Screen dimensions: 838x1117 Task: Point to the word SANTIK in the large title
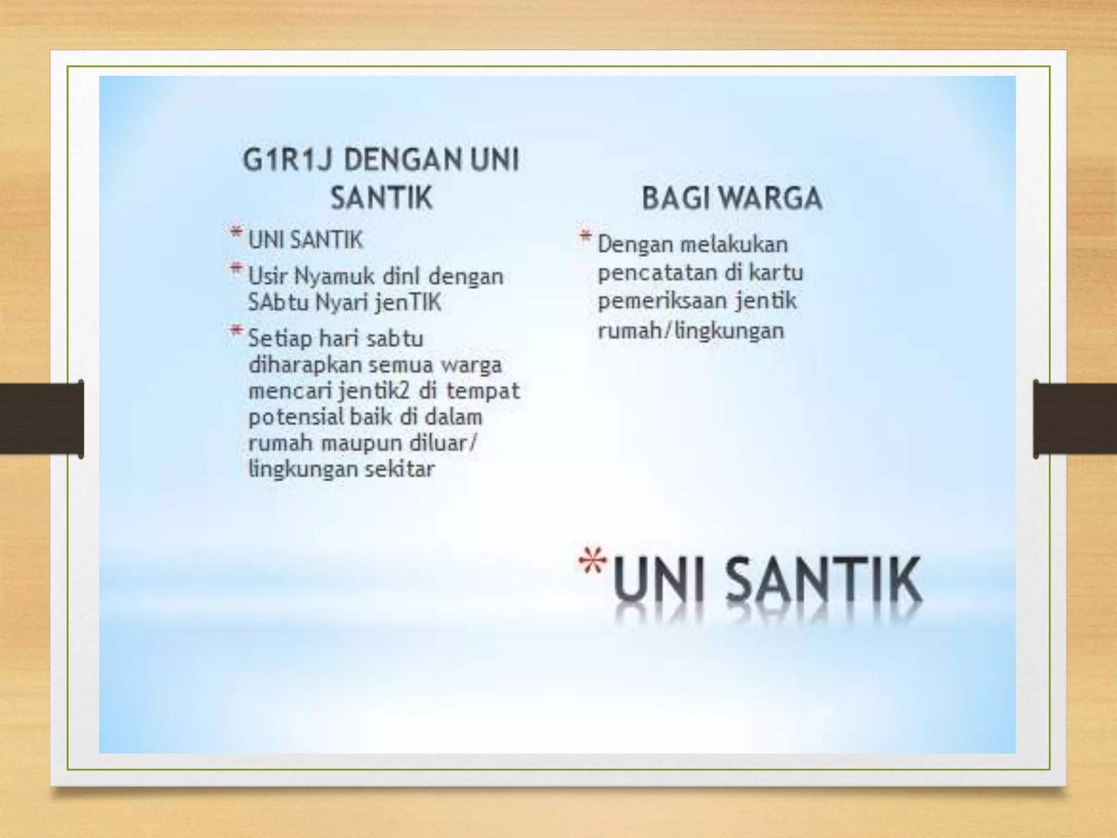click(824, 581)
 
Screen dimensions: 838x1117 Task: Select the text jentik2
click(374, 391)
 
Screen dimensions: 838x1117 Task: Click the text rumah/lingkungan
click(691, 330)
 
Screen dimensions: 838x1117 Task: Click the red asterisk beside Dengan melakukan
click(585, 237)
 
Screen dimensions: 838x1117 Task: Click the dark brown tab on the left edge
click(41, 418)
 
